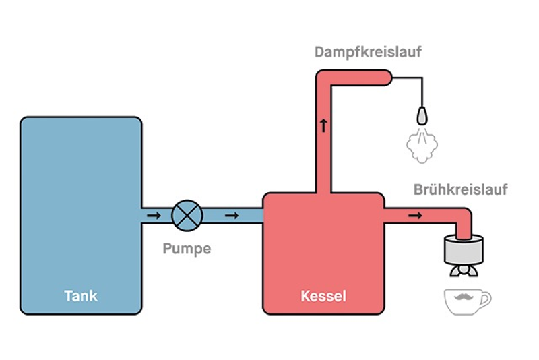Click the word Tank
[x=81, y=295]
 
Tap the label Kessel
[x=323, y=295]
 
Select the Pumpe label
[x=187, y=249]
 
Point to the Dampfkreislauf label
[x=368, y=52]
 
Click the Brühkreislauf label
[x=460, y=189]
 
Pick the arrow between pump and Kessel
[x=232, y=216]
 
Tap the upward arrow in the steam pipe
[x=323, y=125]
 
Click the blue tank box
[x=81, y=202]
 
